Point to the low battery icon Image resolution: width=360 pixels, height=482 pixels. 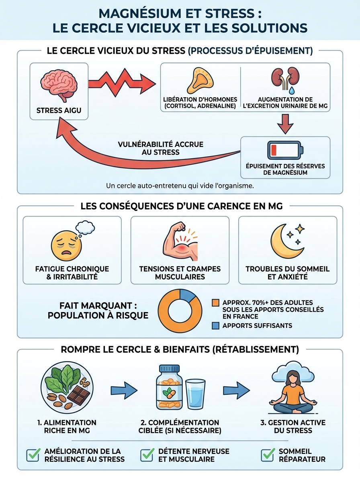click(x=285, y=151)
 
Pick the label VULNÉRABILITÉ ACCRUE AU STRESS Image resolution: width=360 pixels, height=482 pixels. click(x=160, y=148)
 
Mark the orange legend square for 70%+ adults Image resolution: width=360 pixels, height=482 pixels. click(x=216, y=302)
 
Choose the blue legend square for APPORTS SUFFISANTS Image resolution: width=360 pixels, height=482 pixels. click(x=216, y=326)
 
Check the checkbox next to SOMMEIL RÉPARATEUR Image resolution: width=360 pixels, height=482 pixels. click(x=268, y=455)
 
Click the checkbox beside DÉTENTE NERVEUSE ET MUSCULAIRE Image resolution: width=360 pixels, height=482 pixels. click(x=147, y=455)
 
